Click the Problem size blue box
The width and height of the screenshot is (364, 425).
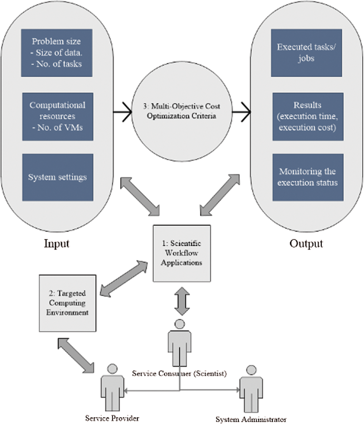(x=57, y=53)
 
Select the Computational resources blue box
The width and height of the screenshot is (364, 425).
(x=58, y=117)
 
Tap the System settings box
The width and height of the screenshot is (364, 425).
(x=58, y=177)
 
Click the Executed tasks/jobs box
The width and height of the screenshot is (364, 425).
(x=306, y=53)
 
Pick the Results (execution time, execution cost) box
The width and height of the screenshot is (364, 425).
(x=308, y=117)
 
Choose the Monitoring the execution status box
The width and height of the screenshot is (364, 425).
(x=308, y=177)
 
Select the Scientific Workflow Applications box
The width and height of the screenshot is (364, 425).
(x=182, y=253)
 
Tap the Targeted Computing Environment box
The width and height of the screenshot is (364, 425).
(x=68, y=303)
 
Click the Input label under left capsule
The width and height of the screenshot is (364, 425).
(x=57, y=243)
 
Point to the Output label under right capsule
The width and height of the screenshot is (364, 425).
(x=306, y=243)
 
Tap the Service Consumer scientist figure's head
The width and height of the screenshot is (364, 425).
(x=180, y=324)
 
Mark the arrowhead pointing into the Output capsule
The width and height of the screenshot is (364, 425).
(x=246, y=112)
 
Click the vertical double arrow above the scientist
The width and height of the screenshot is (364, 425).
(x=182, y=301)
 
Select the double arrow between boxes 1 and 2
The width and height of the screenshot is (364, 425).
(x=124, y=279)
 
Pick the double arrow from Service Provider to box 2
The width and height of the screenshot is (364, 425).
(x=76, y=355)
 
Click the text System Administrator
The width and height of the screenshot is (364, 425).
(x=251, y=419)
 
